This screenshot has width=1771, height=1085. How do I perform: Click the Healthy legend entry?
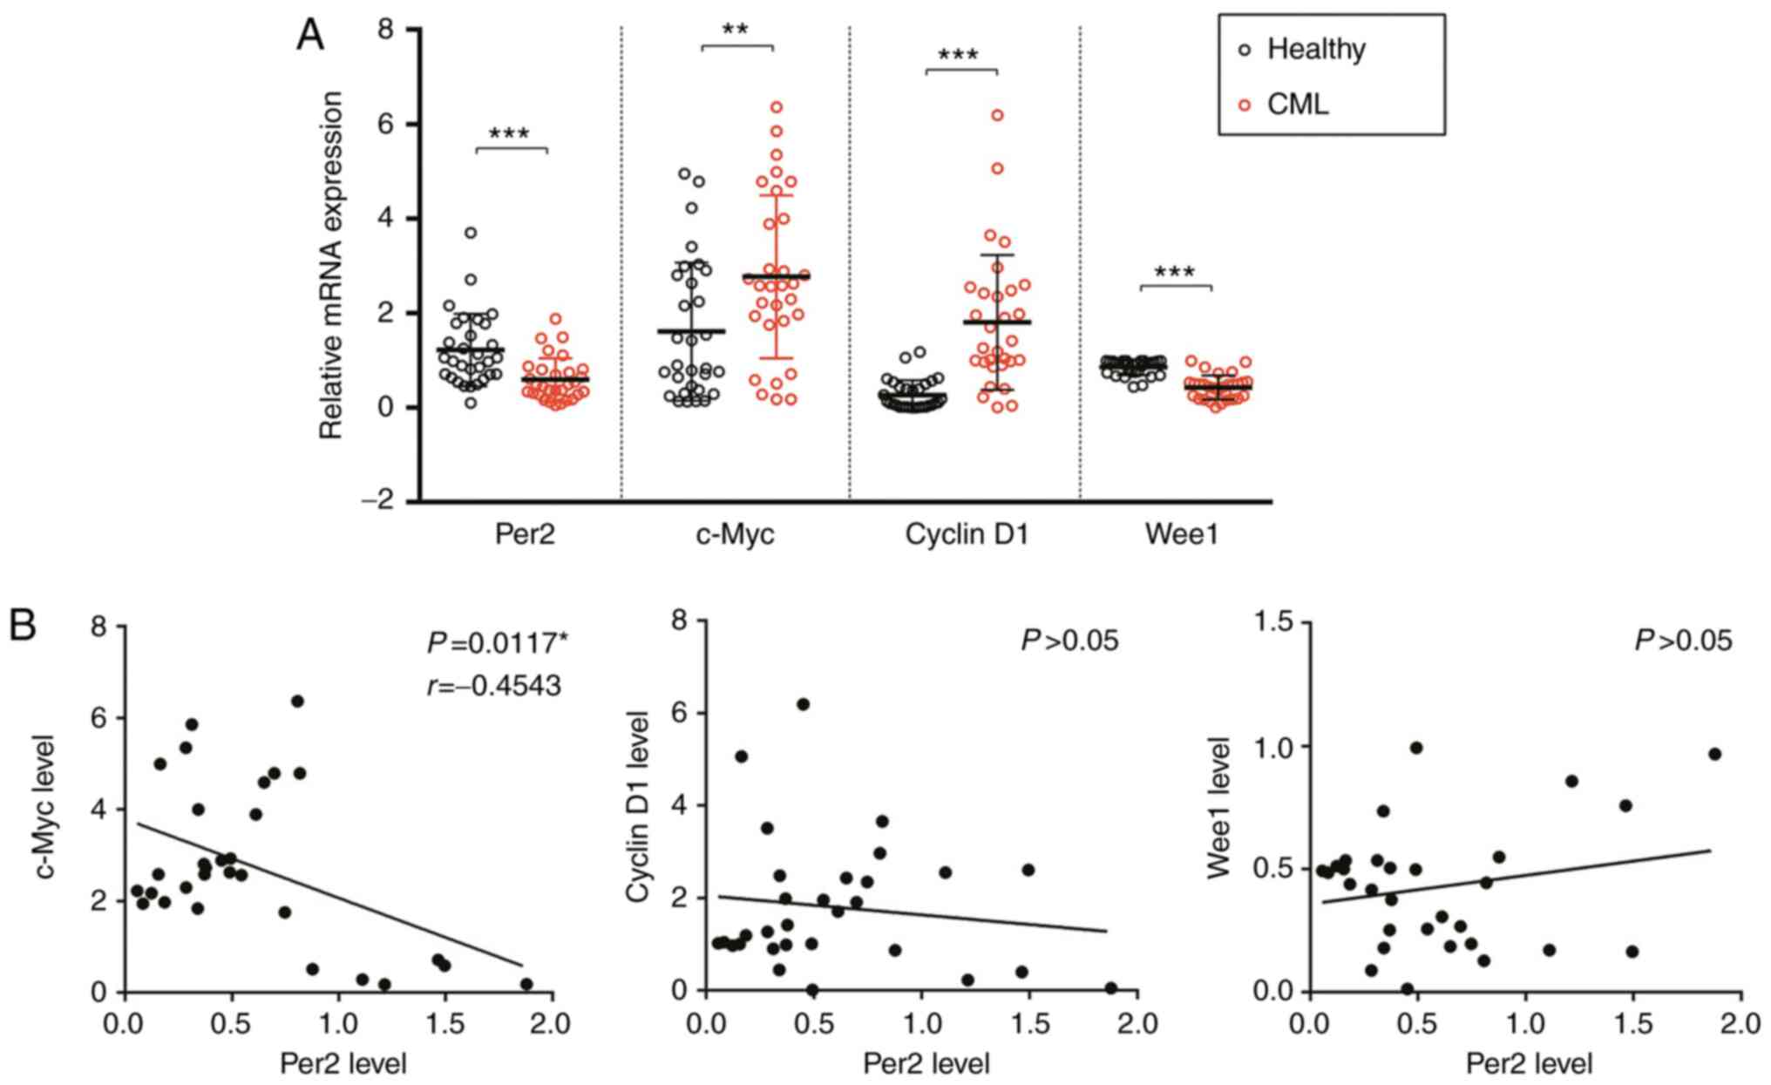[x=1315, y=49]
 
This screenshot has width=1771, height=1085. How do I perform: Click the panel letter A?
[x=310, y=37]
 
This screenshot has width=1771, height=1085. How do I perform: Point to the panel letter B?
[x=23, y=626]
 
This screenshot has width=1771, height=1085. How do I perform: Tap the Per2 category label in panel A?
[x=525, y=533]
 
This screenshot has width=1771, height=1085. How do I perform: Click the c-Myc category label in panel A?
[x=735, y=533]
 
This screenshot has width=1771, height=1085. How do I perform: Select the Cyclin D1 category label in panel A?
[x=967, y=533]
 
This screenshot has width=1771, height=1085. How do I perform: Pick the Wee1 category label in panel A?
[x=1181, y=533]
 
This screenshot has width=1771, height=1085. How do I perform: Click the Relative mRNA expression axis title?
[x=330, y=265]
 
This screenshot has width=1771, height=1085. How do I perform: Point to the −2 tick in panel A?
[x=383, y=502]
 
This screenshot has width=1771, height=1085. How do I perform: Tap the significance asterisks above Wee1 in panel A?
[x=1175, y=272]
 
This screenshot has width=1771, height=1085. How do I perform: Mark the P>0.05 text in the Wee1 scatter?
[x=1683, y=641]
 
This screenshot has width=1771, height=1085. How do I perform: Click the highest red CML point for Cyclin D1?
[x=997, y=115]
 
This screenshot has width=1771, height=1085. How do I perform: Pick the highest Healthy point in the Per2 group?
[x=471, y=233]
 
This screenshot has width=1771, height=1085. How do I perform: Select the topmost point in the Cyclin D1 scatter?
[x=803, y=704]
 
